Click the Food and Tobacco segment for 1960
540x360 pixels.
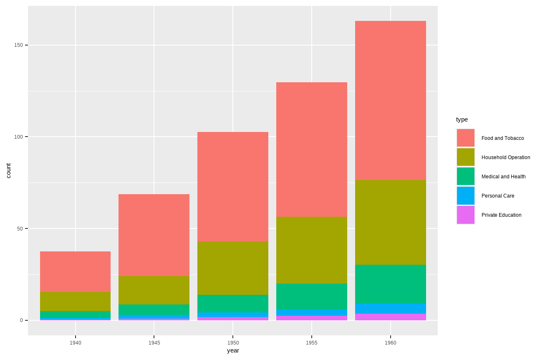coord(390,100)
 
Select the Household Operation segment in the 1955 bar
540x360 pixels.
coord(311,250)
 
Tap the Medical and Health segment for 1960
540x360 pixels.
coord(390,284)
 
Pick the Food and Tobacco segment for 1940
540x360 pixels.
coord(75,271)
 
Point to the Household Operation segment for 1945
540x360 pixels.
coord(154,290)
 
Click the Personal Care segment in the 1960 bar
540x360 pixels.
coord(390,309)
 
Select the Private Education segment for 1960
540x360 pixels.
coord(390,317)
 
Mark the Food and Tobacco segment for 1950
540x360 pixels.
coord(233,187)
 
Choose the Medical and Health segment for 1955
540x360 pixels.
coord(311,297)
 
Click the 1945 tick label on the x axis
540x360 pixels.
coord(154,343)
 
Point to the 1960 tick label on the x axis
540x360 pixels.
coord(390,343)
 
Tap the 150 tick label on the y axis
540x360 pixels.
coord(18,45)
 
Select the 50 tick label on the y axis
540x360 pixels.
coord(20,228)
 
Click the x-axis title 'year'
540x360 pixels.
coord(233,350)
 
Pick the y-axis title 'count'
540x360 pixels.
coord(8,171)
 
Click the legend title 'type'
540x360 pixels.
coord(462,119)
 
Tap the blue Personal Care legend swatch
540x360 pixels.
coord(465,196)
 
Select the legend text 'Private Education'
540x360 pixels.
coord(501,215)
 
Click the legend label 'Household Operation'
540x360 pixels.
coord(506,157)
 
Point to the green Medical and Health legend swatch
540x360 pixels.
coord(465,177)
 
